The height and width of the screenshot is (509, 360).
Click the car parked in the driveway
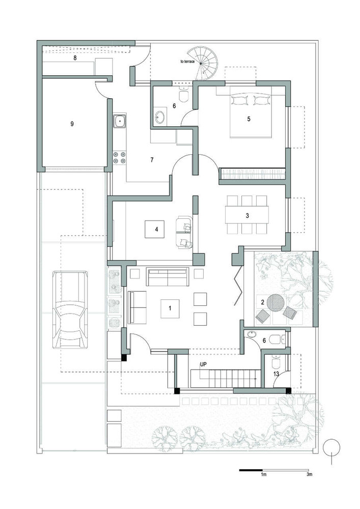(70, 310)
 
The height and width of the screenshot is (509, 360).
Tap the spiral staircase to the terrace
(204, 63)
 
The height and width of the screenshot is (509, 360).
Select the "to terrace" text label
(187, 61)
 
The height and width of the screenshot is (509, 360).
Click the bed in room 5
(251, 112)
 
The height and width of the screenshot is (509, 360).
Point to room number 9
(72, 124)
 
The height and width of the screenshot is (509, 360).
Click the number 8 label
(75, 58)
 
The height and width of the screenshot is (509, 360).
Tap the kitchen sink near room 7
(120, 122)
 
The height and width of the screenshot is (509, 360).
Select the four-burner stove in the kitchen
(119, 157)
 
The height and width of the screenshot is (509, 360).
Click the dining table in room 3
(247, 215)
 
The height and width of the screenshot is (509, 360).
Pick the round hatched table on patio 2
(276, 302)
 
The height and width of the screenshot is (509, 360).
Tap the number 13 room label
(276, 374)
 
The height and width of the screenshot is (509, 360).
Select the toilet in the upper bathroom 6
(184, 94)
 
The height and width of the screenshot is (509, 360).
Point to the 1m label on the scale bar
(264, 474)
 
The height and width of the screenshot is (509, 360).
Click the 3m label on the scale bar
(310, 474)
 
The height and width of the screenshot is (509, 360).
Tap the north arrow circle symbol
(331, 447)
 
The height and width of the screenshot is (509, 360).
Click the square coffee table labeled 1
(170, 308)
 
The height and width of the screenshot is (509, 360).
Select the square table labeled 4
(154, 229)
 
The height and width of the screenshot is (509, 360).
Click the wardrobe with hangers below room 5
(252, 174)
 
